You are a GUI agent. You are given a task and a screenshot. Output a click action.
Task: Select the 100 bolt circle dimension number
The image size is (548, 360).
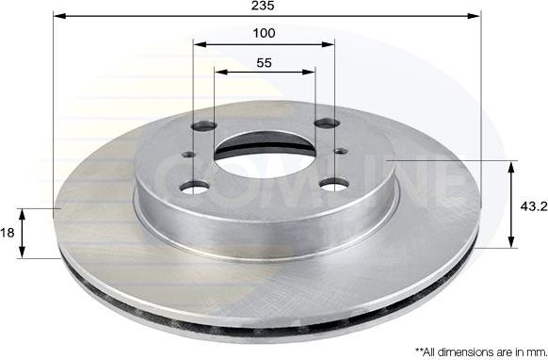coord(265,33)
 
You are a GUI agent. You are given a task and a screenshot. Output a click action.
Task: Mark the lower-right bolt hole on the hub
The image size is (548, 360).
coord(329,183)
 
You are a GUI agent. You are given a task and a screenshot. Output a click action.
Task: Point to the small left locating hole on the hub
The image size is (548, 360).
coord(188,157)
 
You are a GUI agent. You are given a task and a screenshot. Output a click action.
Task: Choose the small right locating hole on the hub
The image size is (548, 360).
coord(339,148)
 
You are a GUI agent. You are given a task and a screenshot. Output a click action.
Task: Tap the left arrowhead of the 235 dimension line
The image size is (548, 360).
coord(58,16)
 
